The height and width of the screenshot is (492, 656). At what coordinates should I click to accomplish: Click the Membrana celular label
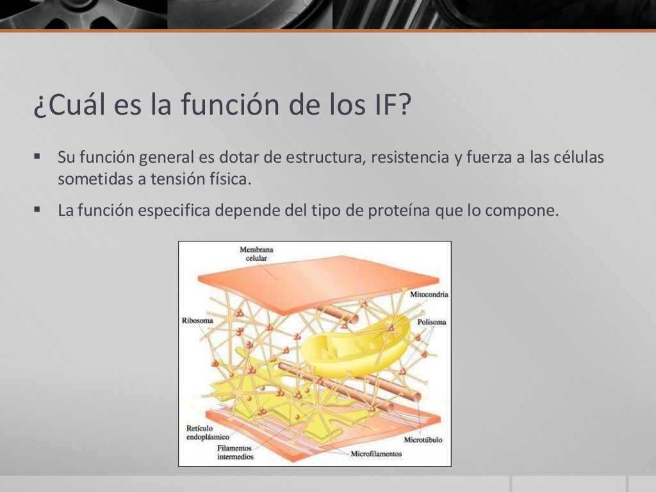coord(254,254)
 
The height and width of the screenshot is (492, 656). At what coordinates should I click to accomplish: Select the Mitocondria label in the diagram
coord(429,295)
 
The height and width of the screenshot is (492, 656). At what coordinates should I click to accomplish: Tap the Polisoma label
coord(431,322)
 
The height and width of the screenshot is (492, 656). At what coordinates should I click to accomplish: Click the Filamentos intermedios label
coord(234,452)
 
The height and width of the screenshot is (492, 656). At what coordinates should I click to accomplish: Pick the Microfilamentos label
coord(376,454)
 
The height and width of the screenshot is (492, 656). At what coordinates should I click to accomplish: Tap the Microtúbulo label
coord(423,440)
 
